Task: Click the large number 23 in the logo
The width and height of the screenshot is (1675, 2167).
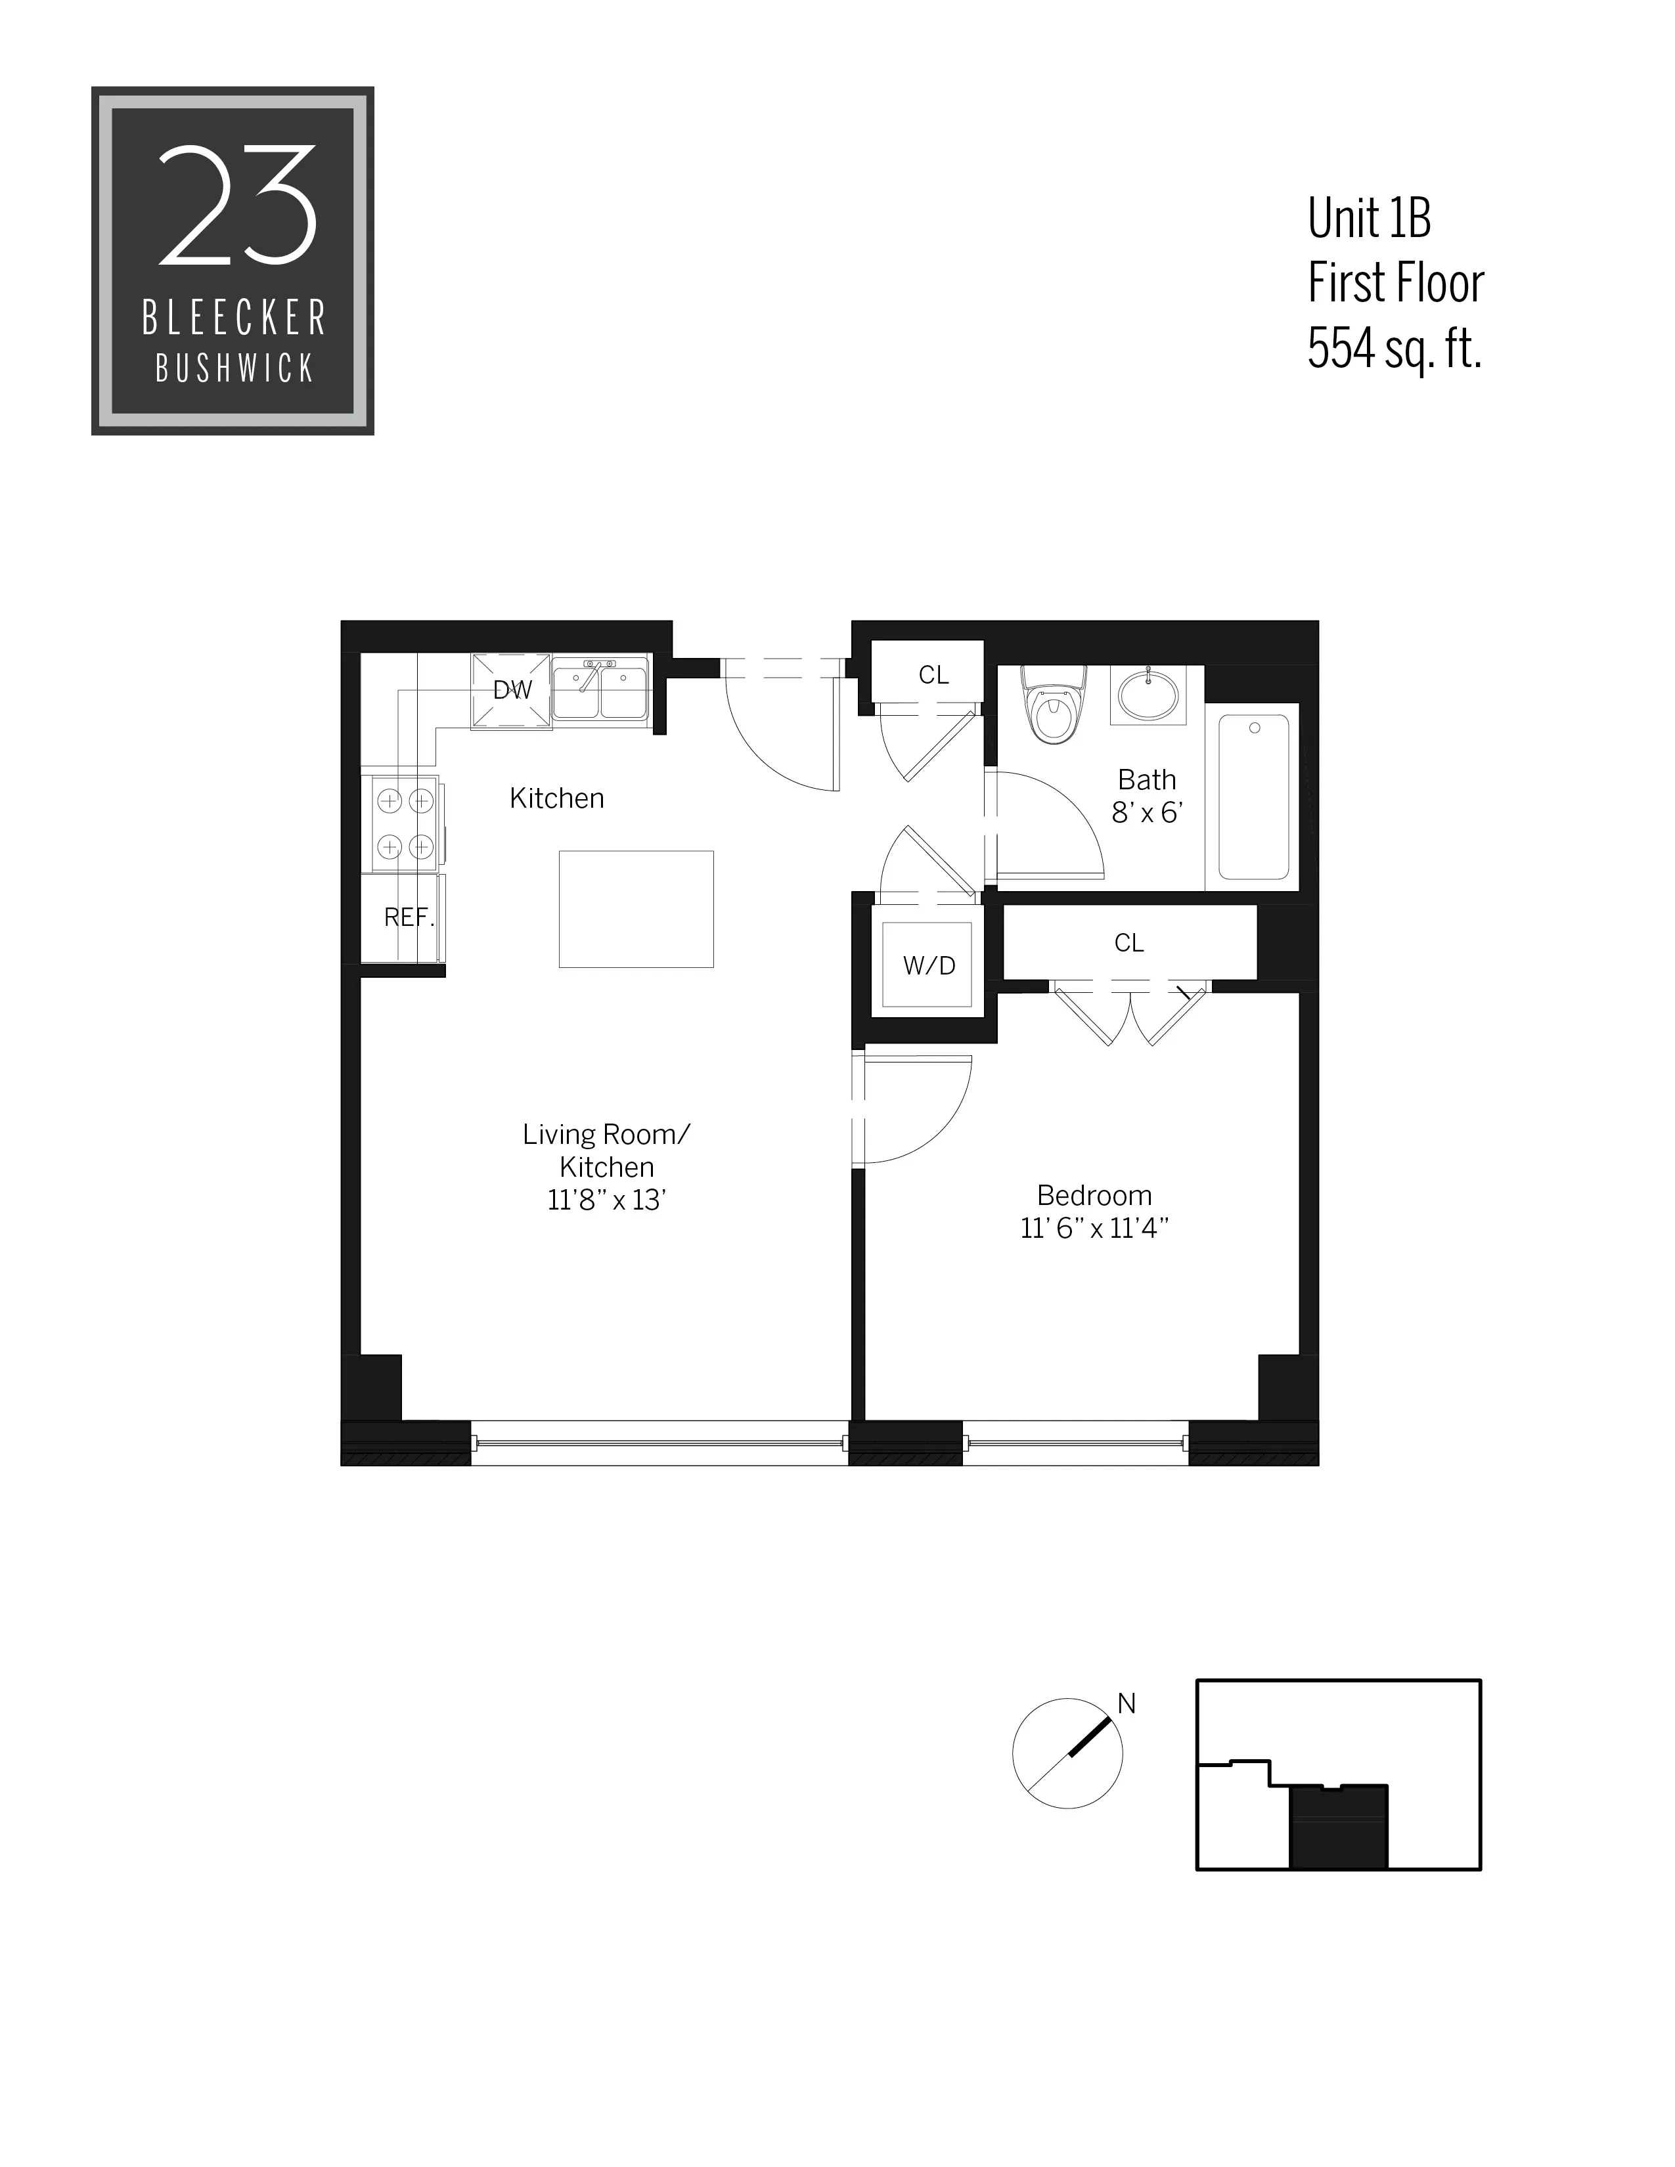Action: point(237,206)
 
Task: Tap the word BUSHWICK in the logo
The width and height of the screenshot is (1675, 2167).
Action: point(234,369)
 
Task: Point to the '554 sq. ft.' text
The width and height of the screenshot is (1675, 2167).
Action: point(1393,348)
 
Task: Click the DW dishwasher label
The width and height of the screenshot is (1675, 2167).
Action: point(512,689)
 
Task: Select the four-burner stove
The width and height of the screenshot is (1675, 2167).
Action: point(405,823)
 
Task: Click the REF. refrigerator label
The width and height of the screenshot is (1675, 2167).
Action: point(408,918)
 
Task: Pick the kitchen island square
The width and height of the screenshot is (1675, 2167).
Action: point(636,909)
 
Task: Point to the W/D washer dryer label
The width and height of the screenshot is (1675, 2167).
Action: point(929,965)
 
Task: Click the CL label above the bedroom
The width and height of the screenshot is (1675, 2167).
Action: point(1128,942)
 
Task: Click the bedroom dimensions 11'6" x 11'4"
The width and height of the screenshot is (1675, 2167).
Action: point(1094,1229)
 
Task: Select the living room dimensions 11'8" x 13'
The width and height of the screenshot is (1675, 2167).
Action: point(606,1200)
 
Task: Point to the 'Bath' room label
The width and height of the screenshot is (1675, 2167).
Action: point(1147,780)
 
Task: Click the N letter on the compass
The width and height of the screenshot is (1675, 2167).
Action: point(1127,1703)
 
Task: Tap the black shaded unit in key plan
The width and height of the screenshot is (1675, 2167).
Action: point(1337,1827)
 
